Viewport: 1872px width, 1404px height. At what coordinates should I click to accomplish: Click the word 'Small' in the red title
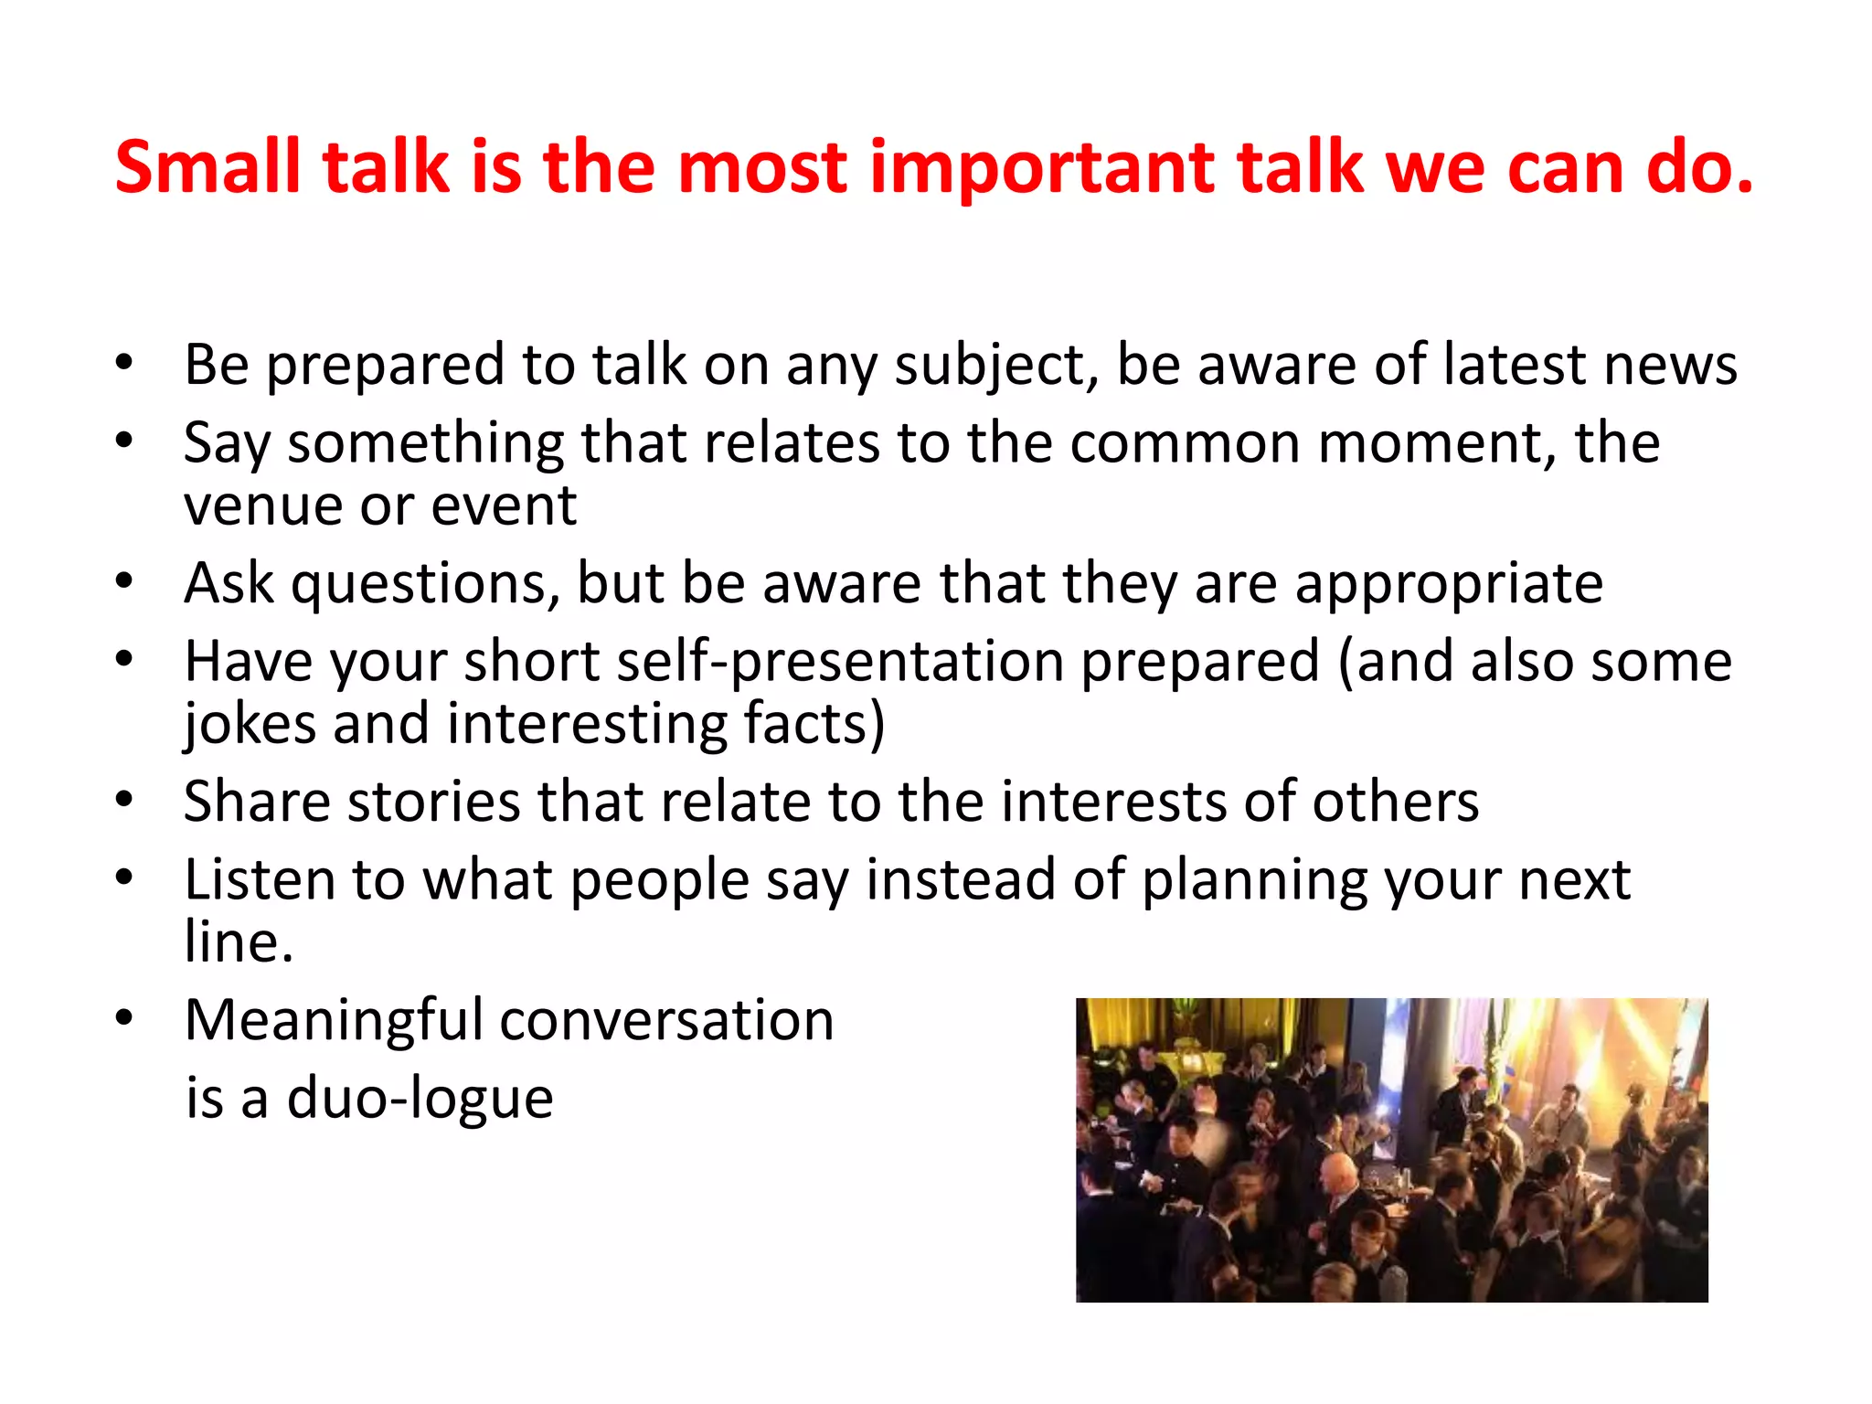coord(207,167)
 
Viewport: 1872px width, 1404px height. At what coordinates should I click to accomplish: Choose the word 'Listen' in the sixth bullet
coord(260,880)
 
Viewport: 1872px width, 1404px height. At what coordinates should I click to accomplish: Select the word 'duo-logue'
coord(420,1098)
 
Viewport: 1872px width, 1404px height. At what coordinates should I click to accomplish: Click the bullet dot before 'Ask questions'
coord(125,581)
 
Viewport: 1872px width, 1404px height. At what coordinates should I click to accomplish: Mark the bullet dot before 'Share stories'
coord(125,800)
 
